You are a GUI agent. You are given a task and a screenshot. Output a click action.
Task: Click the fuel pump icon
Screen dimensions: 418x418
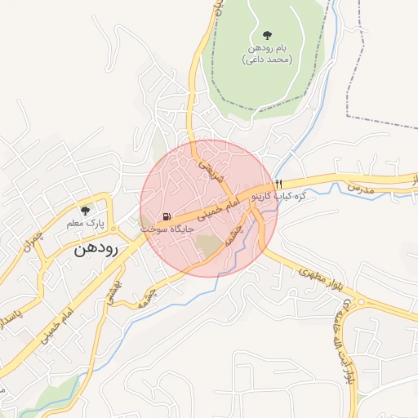tap(167, 216)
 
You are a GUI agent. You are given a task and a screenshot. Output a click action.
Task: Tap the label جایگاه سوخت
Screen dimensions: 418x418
tap(167, 229)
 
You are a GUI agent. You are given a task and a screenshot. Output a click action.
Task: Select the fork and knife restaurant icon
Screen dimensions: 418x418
tap(279, 183)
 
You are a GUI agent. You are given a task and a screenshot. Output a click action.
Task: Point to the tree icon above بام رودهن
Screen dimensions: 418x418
tap(267, 34)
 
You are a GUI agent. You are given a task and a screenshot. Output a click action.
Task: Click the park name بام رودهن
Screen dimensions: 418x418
tap(267, 48)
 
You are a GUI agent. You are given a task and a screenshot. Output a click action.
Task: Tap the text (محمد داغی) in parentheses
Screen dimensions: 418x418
tap(267, 60)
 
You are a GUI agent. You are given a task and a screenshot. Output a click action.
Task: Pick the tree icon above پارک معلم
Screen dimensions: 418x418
tap(85, 211)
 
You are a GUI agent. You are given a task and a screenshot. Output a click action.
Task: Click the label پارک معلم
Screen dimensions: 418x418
tap(85, 223)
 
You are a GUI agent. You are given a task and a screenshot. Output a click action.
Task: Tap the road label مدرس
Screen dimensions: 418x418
tap(359, 188)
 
